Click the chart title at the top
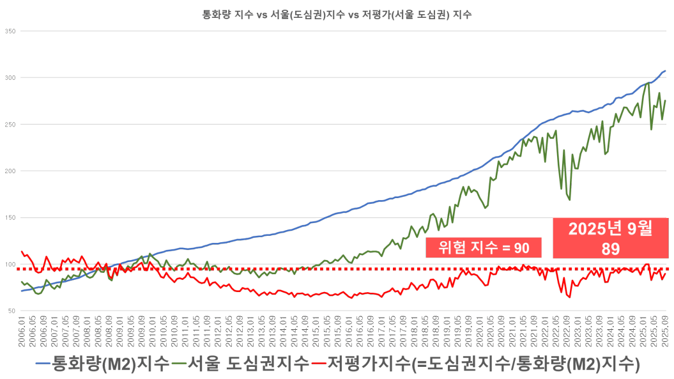337,15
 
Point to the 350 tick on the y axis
10,31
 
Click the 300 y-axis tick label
10,77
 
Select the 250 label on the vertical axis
10,124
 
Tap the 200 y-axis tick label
10,171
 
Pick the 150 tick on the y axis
10,217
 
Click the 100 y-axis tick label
10,264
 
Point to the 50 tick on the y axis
11,311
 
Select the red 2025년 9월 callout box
610,238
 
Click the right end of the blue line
666,70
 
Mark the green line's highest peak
648,83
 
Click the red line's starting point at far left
22,252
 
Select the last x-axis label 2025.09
666,328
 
